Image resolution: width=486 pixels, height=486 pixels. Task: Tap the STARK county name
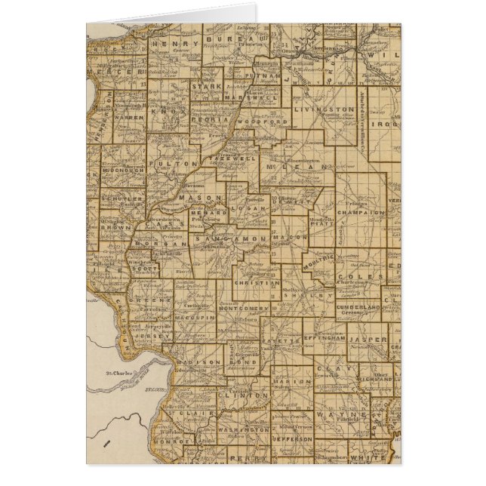click(x=205, y=87)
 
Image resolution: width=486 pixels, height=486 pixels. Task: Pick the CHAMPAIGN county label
click(x=364, y=214)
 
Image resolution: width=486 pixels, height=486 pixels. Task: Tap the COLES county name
click(x=351, y=276)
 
